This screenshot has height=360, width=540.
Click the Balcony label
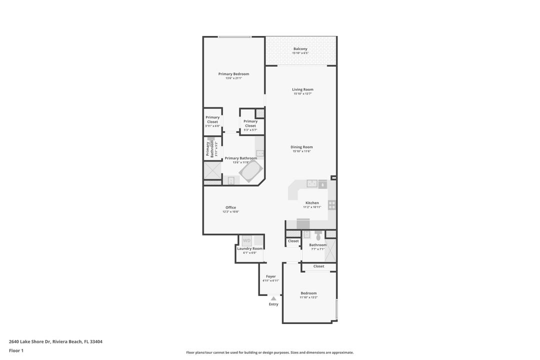coord(300,48)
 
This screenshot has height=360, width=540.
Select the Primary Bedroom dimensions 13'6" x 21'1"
coord(233,78)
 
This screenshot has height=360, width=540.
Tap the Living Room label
coord(302,89)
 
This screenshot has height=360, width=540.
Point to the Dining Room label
coord(301,147)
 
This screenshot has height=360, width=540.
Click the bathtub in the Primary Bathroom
coord(250,171)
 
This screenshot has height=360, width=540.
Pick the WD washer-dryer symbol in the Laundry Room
coord(246,240)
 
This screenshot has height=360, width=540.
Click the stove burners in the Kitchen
coord(331,205)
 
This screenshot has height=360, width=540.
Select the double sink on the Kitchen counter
coord(312,183)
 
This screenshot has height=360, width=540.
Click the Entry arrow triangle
coord(273,298)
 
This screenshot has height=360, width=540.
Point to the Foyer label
coord(270,276)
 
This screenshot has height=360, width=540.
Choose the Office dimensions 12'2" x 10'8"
coord(230,211)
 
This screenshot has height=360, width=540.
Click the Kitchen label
coord(312,203)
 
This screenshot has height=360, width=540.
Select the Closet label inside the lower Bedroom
coord(318,266)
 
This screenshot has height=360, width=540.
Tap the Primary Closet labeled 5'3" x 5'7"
coord(250,123)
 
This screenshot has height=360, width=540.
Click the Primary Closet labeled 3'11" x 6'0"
coord(212,119)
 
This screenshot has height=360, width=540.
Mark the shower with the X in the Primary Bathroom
coord(212,170)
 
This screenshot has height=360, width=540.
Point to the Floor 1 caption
coord(16,350)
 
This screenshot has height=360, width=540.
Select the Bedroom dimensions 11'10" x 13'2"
coord(308,297)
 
